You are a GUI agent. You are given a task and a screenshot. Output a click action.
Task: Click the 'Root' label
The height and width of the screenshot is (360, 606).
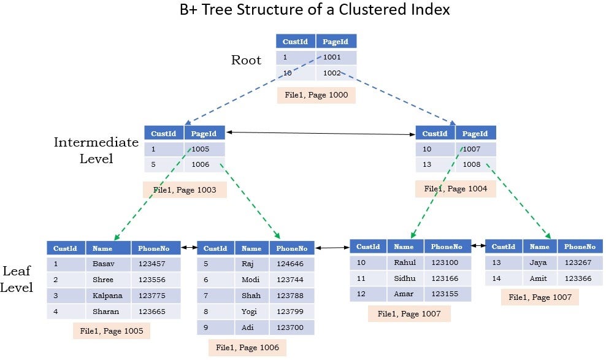[x=246, y=60]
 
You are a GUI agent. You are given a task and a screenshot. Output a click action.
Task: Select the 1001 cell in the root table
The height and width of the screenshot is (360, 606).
[x=335, y=58]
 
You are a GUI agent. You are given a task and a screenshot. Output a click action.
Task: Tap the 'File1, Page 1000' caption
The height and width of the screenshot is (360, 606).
[x=316, y=95]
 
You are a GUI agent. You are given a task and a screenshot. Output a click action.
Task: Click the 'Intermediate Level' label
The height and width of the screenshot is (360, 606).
[x=96, y=150]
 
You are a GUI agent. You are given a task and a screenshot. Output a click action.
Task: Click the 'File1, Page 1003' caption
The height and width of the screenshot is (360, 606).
[x=185, y=190]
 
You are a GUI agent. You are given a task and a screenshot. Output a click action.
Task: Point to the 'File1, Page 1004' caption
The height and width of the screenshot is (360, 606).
[x=455, y=188]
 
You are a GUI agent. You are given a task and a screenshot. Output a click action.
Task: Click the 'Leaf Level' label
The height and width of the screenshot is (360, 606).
[x=18, y=279]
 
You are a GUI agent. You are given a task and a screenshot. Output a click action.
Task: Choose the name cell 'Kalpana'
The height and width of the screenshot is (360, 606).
[x=107, y=296]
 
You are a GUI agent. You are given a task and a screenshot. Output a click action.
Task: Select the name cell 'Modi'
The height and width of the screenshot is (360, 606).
[x=251, y=280]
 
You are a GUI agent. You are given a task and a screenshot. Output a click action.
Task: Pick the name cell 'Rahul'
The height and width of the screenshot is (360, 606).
[x=404, y=262]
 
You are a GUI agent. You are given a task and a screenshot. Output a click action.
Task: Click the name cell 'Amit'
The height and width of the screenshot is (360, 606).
[x=539, y=278]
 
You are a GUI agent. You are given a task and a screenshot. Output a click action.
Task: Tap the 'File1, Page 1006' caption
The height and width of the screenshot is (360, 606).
[x=247, y=348]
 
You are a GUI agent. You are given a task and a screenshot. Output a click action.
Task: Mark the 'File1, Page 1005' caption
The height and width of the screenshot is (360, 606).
[x=111, y=331]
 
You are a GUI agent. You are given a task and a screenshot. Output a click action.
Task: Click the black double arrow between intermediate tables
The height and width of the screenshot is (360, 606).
[x=320, y=132]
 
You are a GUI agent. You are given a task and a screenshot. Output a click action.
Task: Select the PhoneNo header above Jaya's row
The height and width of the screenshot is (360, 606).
[x=580, y=247]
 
